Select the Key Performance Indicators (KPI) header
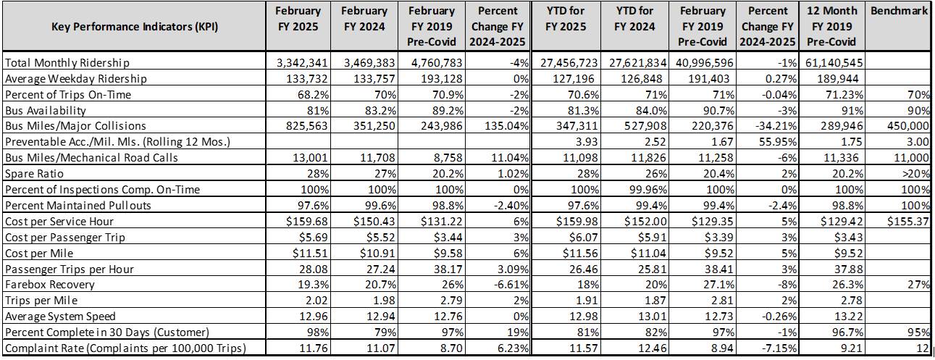point(135,27)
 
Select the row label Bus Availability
point(46,111)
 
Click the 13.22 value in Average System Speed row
point(847,316)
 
